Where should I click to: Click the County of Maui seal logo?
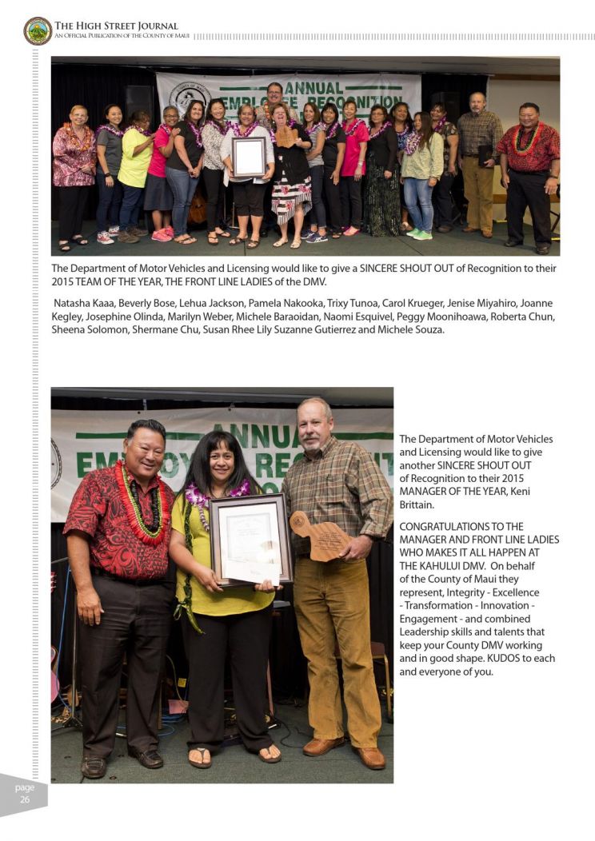[x=37, y=30]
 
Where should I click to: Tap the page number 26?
[x=25, y=799]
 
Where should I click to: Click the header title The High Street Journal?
[x=117, y=26]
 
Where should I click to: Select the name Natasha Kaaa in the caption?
[x=82, y=304]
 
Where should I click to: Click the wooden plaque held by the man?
[x=319, y=535]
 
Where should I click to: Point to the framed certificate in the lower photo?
[x=250, y=540]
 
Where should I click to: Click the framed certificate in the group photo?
[x=249, y=156]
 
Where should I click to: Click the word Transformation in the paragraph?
[x=435, y=606]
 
